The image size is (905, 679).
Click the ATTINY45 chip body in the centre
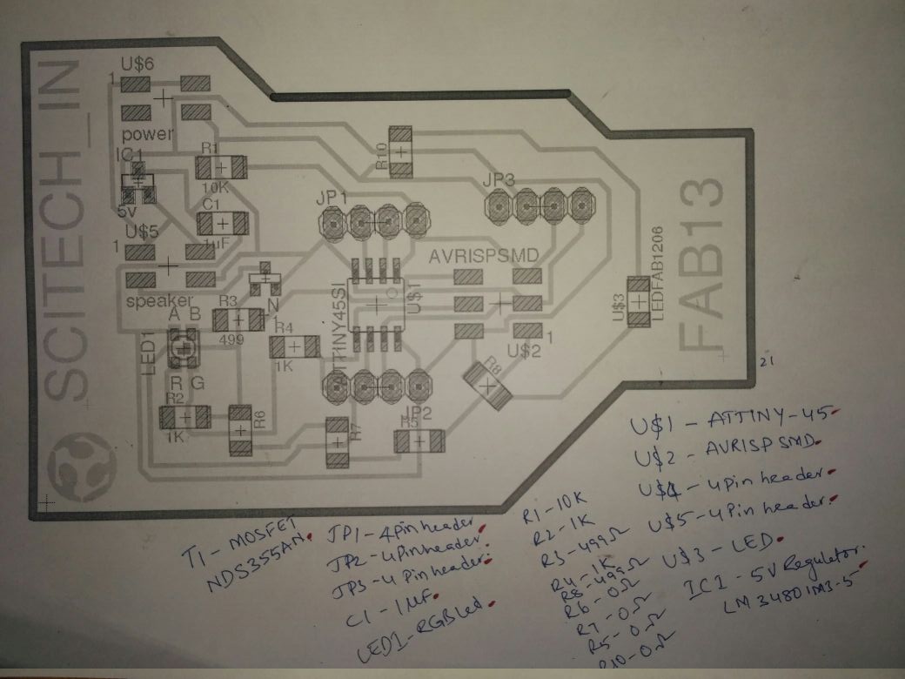(x=375, y=302)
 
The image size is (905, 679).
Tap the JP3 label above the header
(x=499, y=179)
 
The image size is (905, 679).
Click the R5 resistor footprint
(x=419, y=440)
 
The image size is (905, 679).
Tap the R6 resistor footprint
(x=241, y=430)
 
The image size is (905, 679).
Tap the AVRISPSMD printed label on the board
(x=484, y=259)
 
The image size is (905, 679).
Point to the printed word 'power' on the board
(x=147, y=135)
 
